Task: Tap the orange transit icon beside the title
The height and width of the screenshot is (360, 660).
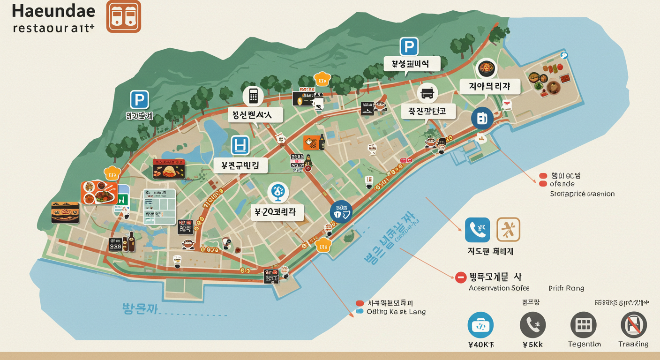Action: pyautogui.click(x=123, y=16)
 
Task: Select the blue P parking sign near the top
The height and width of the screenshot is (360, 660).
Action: pyautogui.click(x=408, y=47)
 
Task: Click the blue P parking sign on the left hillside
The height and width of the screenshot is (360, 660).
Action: pyautogui.click(x=139, y=100)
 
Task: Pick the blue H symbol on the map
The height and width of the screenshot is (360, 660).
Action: pyautogui.click(x=240, y=145)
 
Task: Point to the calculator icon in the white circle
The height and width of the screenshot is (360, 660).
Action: pyautogui.click(x=253, y=96)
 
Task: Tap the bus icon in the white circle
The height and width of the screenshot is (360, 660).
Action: pyautogui.click(x=427, y=93)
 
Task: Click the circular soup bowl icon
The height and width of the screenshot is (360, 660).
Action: pyautogui.click(x=487, y=68)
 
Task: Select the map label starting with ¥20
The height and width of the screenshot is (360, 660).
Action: pyautogui.click(x=276, y=212)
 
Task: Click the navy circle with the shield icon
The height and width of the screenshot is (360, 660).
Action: pyautogui.click(x=340, y=211)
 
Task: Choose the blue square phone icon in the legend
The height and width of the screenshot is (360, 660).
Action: pyautogui.click(x=477, y=230)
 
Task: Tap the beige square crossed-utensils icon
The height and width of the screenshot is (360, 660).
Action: pyautogui.click(x=508, y=230)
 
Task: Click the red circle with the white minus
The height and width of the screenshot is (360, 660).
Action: pyautogui.click(x=461, y=277)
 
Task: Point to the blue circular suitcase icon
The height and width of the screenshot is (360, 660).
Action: pyautogui.click(x=480, y=325)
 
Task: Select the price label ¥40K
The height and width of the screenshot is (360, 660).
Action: pyautogui.click(x=480, y=345)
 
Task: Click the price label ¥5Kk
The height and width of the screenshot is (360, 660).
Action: pyautogui.click(x=532, y=345)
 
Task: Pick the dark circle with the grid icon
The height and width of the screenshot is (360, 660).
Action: pyautogui.click(x=583, y=325)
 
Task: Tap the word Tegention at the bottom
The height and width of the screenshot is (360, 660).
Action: pyautogui.click(x=584, y=344)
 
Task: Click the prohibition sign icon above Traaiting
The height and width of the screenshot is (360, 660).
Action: pyautogui.click(x=634, y=325)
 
